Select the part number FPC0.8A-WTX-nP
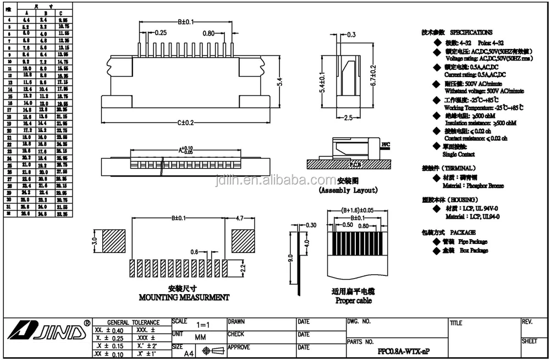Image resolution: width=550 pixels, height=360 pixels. [x=404, y=351]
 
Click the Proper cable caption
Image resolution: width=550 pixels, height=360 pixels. [x=353, y=301]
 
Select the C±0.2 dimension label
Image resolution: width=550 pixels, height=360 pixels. [x=185, y=123]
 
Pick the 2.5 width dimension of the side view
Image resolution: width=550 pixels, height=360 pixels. [x=348, y=118]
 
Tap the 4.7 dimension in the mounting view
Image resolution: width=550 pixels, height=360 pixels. [x=240, y=218]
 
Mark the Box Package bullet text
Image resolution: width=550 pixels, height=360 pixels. [x=474, y=250]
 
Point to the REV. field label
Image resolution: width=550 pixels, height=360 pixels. [x=527, y=322]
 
